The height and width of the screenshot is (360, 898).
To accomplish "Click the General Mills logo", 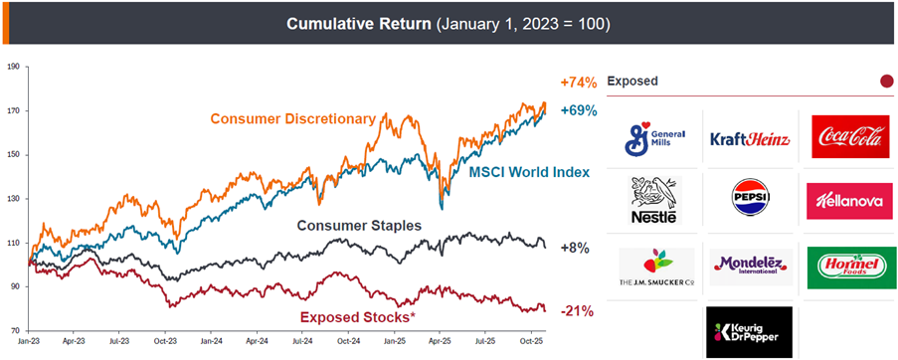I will pos(655,138).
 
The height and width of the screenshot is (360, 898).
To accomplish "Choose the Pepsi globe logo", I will pos(749,199).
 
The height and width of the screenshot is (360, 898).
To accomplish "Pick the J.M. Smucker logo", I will pos(655,268).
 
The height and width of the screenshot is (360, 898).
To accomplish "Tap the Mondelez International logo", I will pos(749,267).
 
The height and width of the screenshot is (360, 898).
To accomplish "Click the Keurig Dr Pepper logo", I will pos(749,331).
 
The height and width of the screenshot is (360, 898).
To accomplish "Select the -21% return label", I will pos(577,311).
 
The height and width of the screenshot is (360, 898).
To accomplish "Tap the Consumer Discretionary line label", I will pos(292,119).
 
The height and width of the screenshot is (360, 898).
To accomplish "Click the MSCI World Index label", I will pos(529,172).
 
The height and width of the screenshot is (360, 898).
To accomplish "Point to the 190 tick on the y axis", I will pos(14,67).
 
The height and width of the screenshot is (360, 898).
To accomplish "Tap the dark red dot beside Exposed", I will pos(886,81).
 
